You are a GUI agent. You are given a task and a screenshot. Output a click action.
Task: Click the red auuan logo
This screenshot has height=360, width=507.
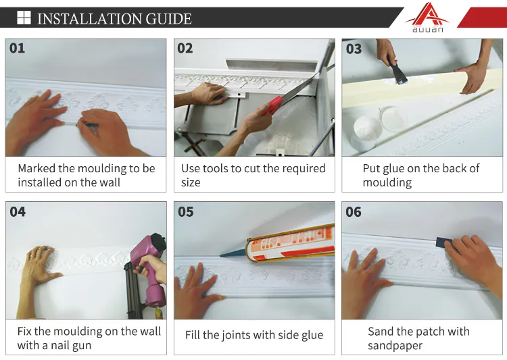427,17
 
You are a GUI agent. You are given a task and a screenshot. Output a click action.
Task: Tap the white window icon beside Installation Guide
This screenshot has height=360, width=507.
24,18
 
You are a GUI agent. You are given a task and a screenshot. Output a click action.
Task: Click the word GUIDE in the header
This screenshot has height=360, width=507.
168,19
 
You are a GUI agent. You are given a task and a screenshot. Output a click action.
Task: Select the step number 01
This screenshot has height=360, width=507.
17,48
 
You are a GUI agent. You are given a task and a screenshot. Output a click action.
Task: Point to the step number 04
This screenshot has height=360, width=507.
18,211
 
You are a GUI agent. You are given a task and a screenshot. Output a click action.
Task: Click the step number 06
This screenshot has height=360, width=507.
354,211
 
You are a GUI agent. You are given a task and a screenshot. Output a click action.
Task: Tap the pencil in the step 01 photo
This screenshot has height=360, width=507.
87,124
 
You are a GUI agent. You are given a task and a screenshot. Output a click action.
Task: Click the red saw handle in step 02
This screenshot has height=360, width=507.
272,105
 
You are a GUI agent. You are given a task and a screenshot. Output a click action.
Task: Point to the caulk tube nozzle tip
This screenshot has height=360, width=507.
220,256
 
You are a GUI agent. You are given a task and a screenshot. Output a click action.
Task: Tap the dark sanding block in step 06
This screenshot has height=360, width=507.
445,242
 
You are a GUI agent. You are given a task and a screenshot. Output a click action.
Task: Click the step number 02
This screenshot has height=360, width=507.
185,48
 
